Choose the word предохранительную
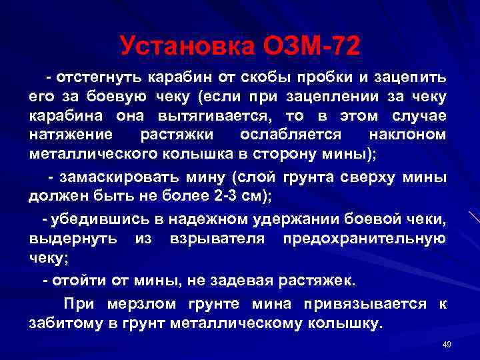click(x=365, y=239)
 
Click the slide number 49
click(x=447, y=344)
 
